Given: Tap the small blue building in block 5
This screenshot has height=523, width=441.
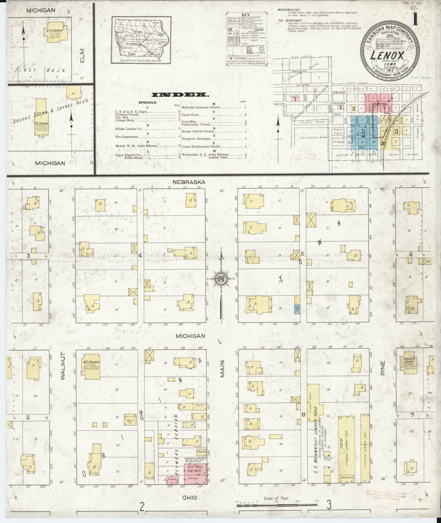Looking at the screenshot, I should pyautogui.click(x=296, y=309).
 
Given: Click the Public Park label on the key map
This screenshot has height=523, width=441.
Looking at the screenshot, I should pyautogui.click(x=338, y=132).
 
